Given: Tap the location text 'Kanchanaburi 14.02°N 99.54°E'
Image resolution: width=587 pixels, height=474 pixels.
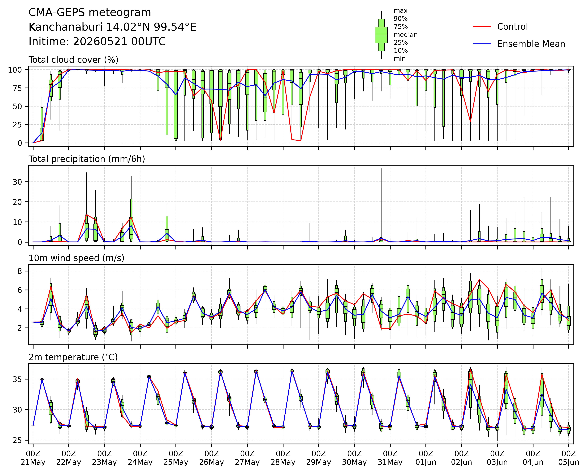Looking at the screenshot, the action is click(112, 27).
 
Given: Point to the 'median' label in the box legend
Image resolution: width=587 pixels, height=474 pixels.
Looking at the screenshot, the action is click(405, 35).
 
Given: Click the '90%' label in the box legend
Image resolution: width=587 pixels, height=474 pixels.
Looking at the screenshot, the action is click(401, 19).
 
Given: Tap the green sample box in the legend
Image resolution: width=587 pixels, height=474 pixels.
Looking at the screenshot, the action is click(381, 35).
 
